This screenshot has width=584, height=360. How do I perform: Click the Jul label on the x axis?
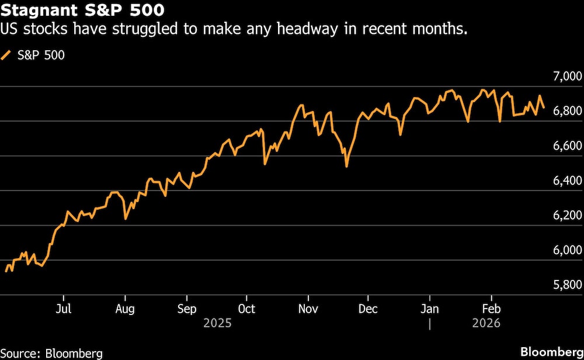[x=64, y=309]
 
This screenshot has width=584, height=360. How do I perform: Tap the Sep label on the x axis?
[x=186, y=309]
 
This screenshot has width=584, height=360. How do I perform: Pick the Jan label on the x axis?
[x=430, y=309]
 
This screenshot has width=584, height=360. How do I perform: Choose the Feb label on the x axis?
[x=491, y=309]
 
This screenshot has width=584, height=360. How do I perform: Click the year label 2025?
[x=217, y=323]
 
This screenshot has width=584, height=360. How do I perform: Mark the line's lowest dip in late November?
[x=346, y=167]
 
